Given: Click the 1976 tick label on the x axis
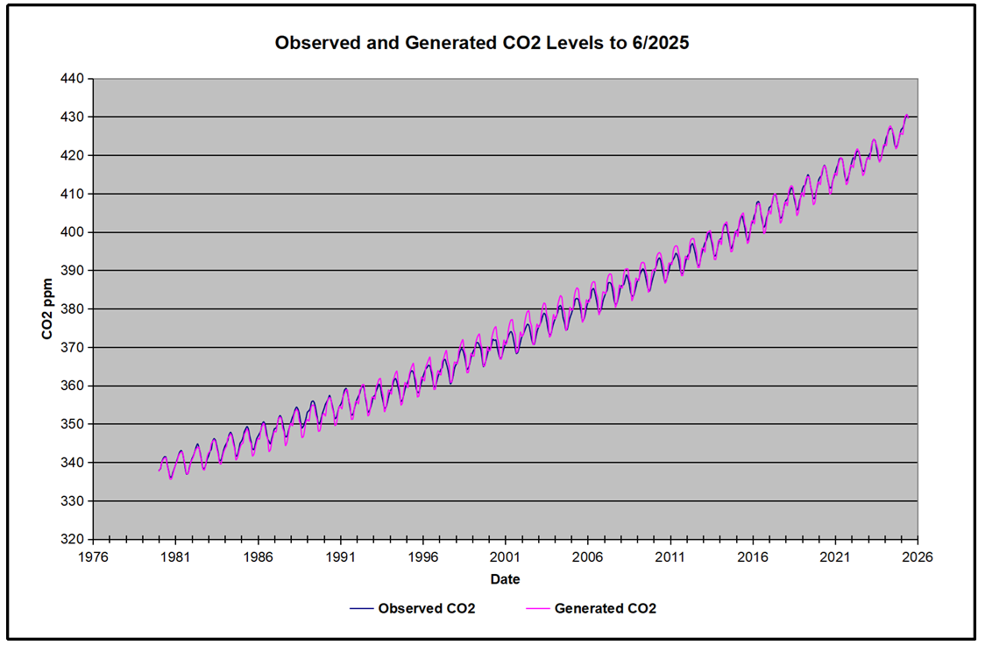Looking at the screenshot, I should (x=93, y=556).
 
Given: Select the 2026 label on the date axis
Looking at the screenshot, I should (x=918, y=556).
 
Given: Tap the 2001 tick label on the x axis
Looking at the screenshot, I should (x=506, y=556).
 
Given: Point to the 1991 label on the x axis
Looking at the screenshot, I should (x=341, y=556).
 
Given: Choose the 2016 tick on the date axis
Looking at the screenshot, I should (x=753, y=556).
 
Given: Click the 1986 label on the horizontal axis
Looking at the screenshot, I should (x=259, y=556).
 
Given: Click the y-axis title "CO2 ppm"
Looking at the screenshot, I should (x=50, y=309).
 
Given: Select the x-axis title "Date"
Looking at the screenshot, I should (x=506, y=579).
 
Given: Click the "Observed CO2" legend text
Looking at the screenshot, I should (x=427, y=608).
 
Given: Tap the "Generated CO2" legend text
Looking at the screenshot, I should (x=606, y=608).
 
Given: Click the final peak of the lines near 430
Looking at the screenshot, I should (x=907, y=116).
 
